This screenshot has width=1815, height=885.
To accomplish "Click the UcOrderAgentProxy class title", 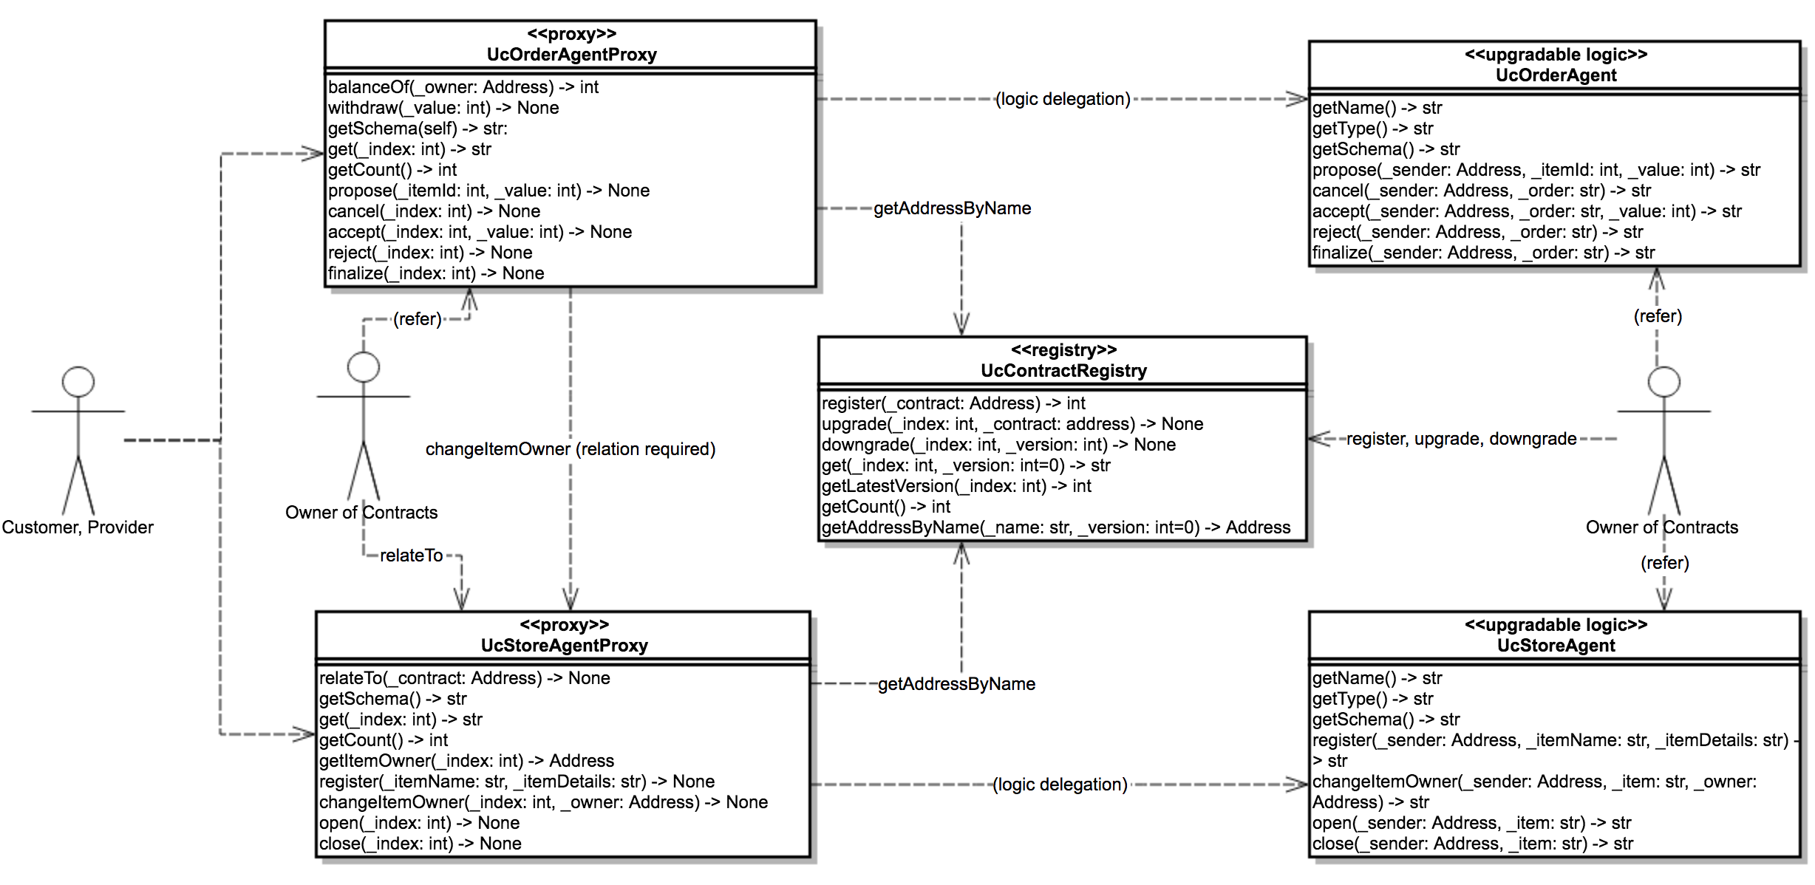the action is point(571,55).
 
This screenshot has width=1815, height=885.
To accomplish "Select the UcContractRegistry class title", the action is point(1063,371).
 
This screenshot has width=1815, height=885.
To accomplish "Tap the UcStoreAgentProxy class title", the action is point(564,646).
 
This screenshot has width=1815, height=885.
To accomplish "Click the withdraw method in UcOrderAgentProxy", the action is point(443,108).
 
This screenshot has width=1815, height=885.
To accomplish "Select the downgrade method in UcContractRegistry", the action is point(998,445).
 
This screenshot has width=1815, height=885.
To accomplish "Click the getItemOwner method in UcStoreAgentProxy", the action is point(466,761).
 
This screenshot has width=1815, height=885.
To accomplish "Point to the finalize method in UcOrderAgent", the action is point(1483,253).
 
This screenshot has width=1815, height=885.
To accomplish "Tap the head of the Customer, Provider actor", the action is point(78,382).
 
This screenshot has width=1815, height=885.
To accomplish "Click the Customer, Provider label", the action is point(78,527).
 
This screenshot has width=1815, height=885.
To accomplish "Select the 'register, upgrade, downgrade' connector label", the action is point(1461,439).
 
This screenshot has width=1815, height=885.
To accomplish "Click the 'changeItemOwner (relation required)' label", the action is point(571,449).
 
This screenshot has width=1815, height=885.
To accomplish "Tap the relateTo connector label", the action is point(411,556).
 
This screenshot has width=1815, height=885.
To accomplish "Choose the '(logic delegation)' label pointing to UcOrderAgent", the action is point(1063,99).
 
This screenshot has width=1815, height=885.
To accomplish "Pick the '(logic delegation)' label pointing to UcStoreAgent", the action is point(1060,785).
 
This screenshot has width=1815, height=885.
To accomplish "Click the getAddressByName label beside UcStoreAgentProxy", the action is point(956,684).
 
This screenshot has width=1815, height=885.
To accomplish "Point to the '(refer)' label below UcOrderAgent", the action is point(1658,316).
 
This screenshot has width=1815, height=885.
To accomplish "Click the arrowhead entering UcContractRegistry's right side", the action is point(1318,439).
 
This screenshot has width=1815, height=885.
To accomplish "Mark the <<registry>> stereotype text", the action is point(1063,350).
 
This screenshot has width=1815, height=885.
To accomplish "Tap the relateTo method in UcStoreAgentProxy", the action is point(464,678).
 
